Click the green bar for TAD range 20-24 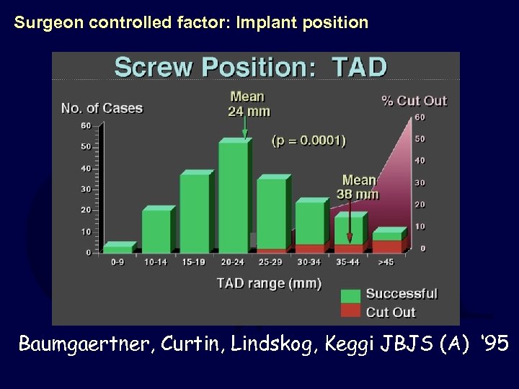(x=233, y=197)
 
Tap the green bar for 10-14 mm (x=156, y=231)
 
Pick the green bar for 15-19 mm (x=194, y=214)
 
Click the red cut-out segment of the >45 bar (x=386, y=246)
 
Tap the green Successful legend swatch (x=350, y=294)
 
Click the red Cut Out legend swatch (x=350, y=311)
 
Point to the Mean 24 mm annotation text (x=247, y=104)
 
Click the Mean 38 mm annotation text (x=359, y=187)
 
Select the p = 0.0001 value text (x=309, y=140)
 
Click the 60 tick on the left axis (x=86, y=125)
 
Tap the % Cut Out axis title (x=414, y=101)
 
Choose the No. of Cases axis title (x=102, y=109)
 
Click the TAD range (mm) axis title (x=269, y=283)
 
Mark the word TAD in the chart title (x=360, y=68)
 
